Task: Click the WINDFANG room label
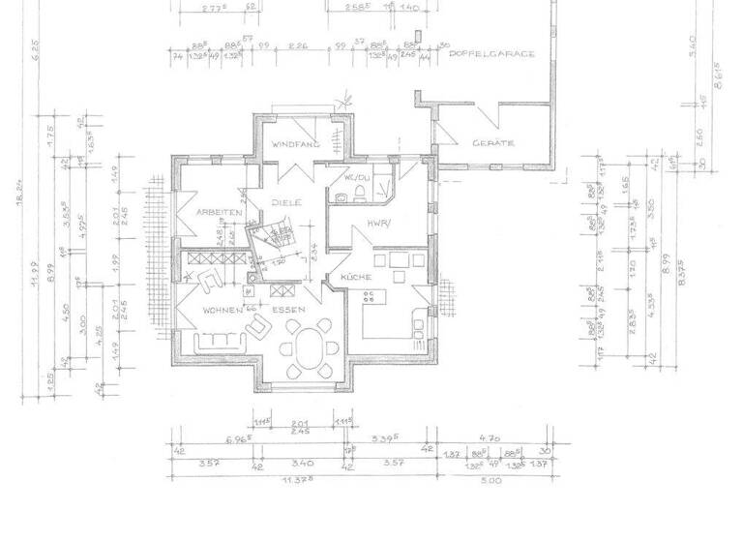click(294, 144)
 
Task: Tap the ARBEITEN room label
click(218, 211)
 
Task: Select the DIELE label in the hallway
click(286, 203)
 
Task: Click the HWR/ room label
click(376, 223)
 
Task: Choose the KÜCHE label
click(356, 278)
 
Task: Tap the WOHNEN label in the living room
click(223, 310)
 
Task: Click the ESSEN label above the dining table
click(289, 310)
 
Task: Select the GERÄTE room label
click(492, 143)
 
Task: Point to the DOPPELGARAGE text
click(492, 54)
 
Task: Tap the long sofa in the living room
click(219, 343)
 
